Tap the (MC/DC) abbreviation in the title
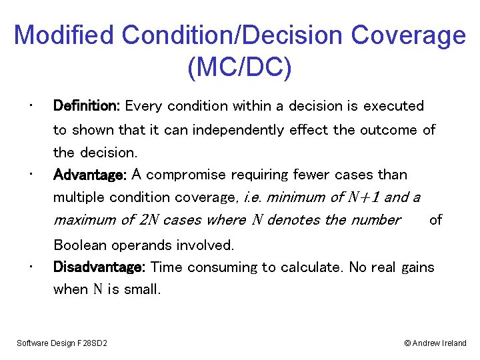pos(240,68)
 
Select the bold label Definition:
pos(86,106)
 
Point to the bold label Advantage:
pos(90,175)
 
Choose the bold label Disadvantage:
pos(99,267)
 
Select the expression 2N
pos(147,220)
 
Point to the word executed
pos(393,106)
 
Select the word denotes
pos(293,220)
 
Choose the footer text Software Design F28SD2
pos(63,343)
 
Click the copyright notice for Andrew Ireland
pos(435,343)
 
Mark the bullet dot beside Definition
pos(31,105)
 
